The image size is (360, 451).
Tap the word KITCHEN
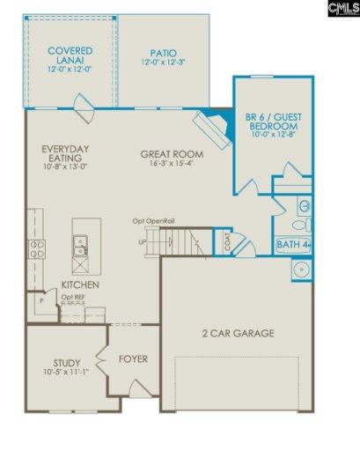pyautogui.click(x=79, y=285)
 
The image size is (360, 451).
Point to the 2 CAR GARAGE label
pyautogui.click(x=237, y=333)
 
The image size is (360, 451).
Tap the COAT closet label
pyautogui.click(x=227, y=242)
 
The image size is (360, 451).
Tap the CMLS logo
pyautogui.click(x=342, y=9)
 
